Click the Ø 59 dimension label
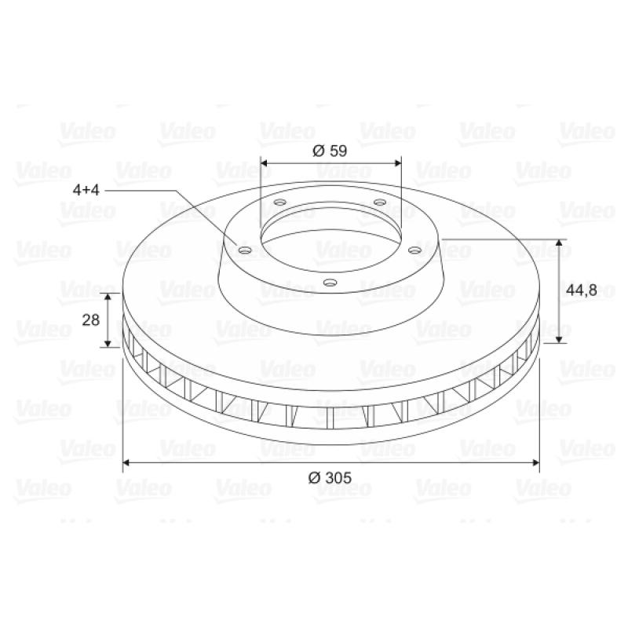click(330, 151)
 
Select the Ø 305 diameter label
click(330, 478)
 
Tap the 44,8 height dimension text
click(582, 290)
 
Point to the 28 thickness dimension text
click(91, 320)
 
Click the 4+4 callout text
click(86, 190)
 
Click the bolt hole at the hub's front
click(330, 283)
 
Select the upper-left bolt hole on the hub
click(280, 202)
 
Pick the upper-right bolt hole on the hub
click(380, 202)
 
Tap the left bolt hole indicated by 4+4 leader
click(245, 250)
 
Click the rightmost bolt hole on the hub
click(415, 250)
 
